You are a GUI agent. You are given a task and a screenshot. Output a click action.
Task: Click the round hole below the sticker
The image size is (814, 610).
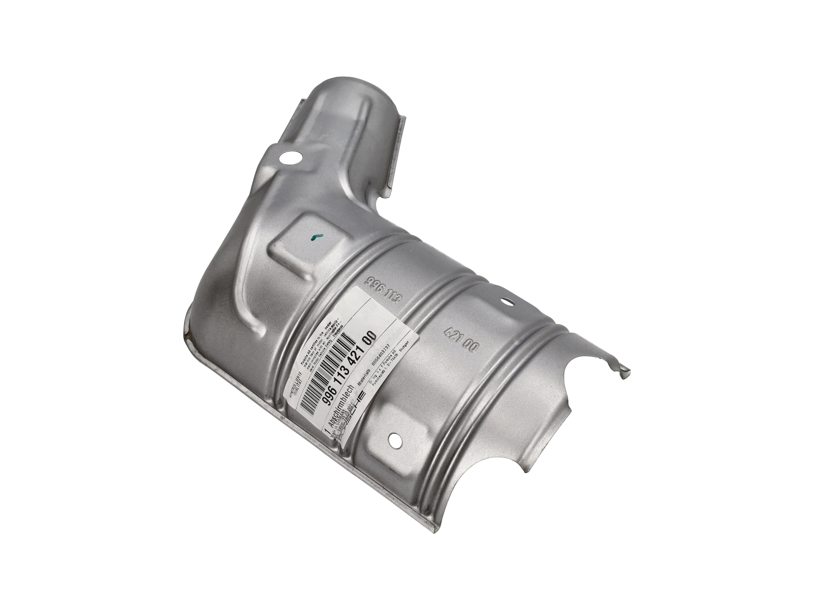(395, 440)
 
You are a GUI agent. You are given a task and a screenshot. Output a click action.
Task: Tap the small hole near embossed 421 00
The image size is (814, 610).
(506, 301)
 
